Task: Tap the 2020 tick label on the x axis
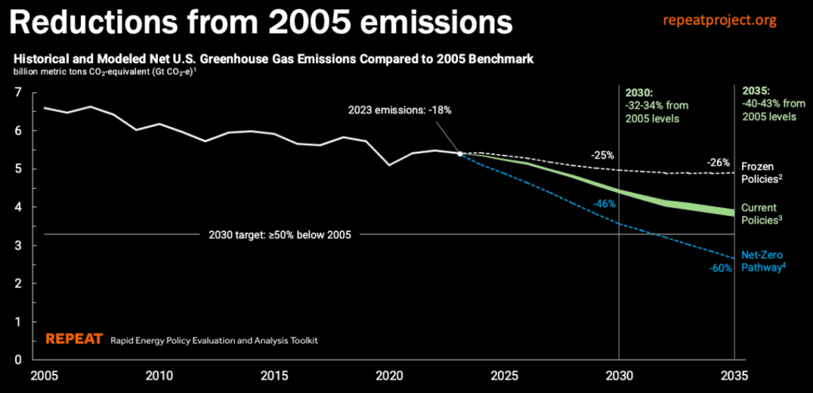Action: tap(388, 375)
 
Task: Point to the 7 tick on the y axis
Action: tap(17, 92)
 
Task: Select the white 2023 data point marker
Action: tap(460, 154)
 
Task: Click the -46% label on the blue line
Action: tap(603, 204)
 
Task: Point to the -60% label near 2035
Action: tap(720, 269)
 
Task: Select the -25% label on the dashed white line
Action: tap(603, 155)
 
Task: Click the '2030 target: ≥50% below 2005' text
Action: tap(279, 234)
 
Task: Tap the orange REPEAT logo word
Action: tap(74, 339)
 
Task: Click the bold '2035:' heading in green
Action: tap(756, 91)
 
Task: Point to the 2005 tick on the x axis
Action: tap(45, 375)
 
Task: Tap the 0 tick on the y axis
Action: tap(17, 360)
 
